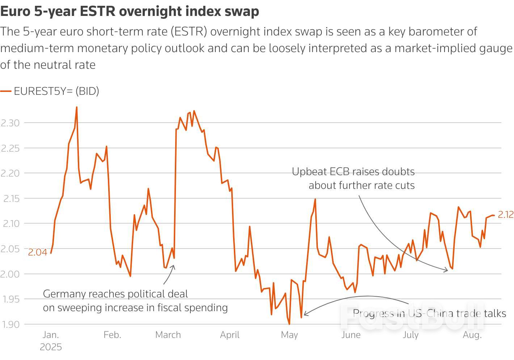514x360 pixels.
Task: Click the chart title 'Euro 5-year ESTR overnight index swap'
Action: [x=130, y=11]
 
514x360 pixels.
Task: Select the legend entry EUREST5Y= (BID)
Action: [x=56, y=91]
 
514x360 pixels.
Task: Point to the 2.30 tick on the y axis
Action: [x=10, y=123]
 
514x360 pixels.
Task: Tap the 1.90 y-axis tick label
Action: [x=10, y=324]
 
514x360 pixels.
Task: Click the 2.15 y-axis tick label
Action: [x=10, y=198]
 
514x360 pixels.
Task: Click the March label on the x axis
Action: [x=168, y=335]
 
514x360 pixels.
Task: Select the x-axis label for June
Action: [x=351, y=335]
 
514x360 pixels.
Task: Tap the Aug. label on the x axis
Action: [x=472, y=335]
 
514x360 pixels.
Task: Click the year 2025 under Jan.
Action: [x=51, y=347]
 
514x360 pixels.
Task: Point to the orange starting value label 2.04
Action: [x=38, y=253]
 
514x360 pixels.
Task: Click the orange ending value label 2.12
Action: [x=505, y=215]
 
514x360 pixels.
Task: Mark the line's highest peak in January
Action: [x=76, y=107]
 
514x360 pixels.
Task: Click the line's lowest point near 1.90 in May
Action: [x=289, y=324]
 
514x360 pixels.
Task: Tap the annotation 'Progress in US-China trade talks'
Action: [x=429, y=313]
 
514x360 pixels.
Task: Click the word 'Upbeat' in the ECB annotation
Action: [x=309, y=171]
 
